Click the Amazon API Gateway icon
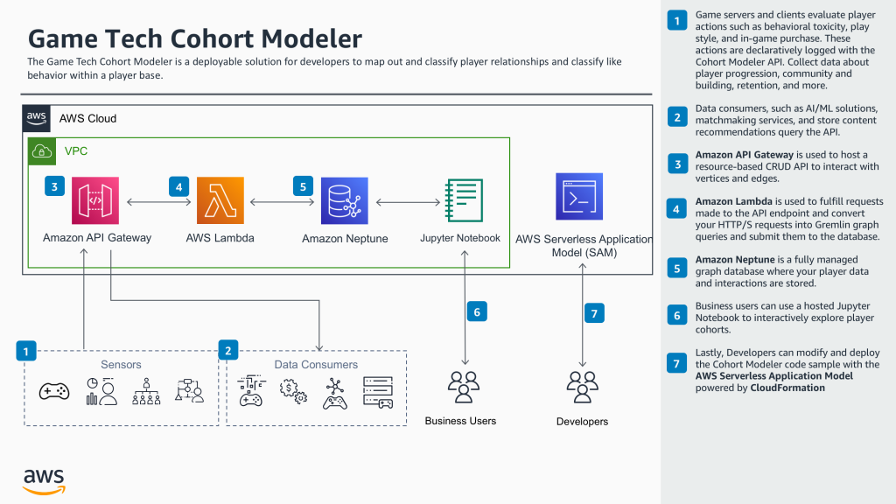95,201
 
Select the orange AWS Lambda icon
220,201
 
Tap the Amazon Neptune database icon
344,201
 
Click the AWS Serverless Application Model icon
579,197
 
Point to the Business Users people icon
460,386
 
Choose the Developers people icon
582,386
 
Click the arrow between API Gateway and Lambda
158,202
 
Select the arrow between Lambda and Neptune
282,202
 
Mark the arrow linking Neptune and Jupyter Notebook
405,202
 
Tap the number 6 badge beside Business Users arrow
477,311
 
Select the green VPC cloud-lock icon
41,150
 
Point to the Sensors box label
121,364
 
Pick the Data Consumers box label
316,364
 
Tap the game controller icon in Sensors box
54,391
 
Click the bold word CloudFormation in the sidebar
787,388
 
